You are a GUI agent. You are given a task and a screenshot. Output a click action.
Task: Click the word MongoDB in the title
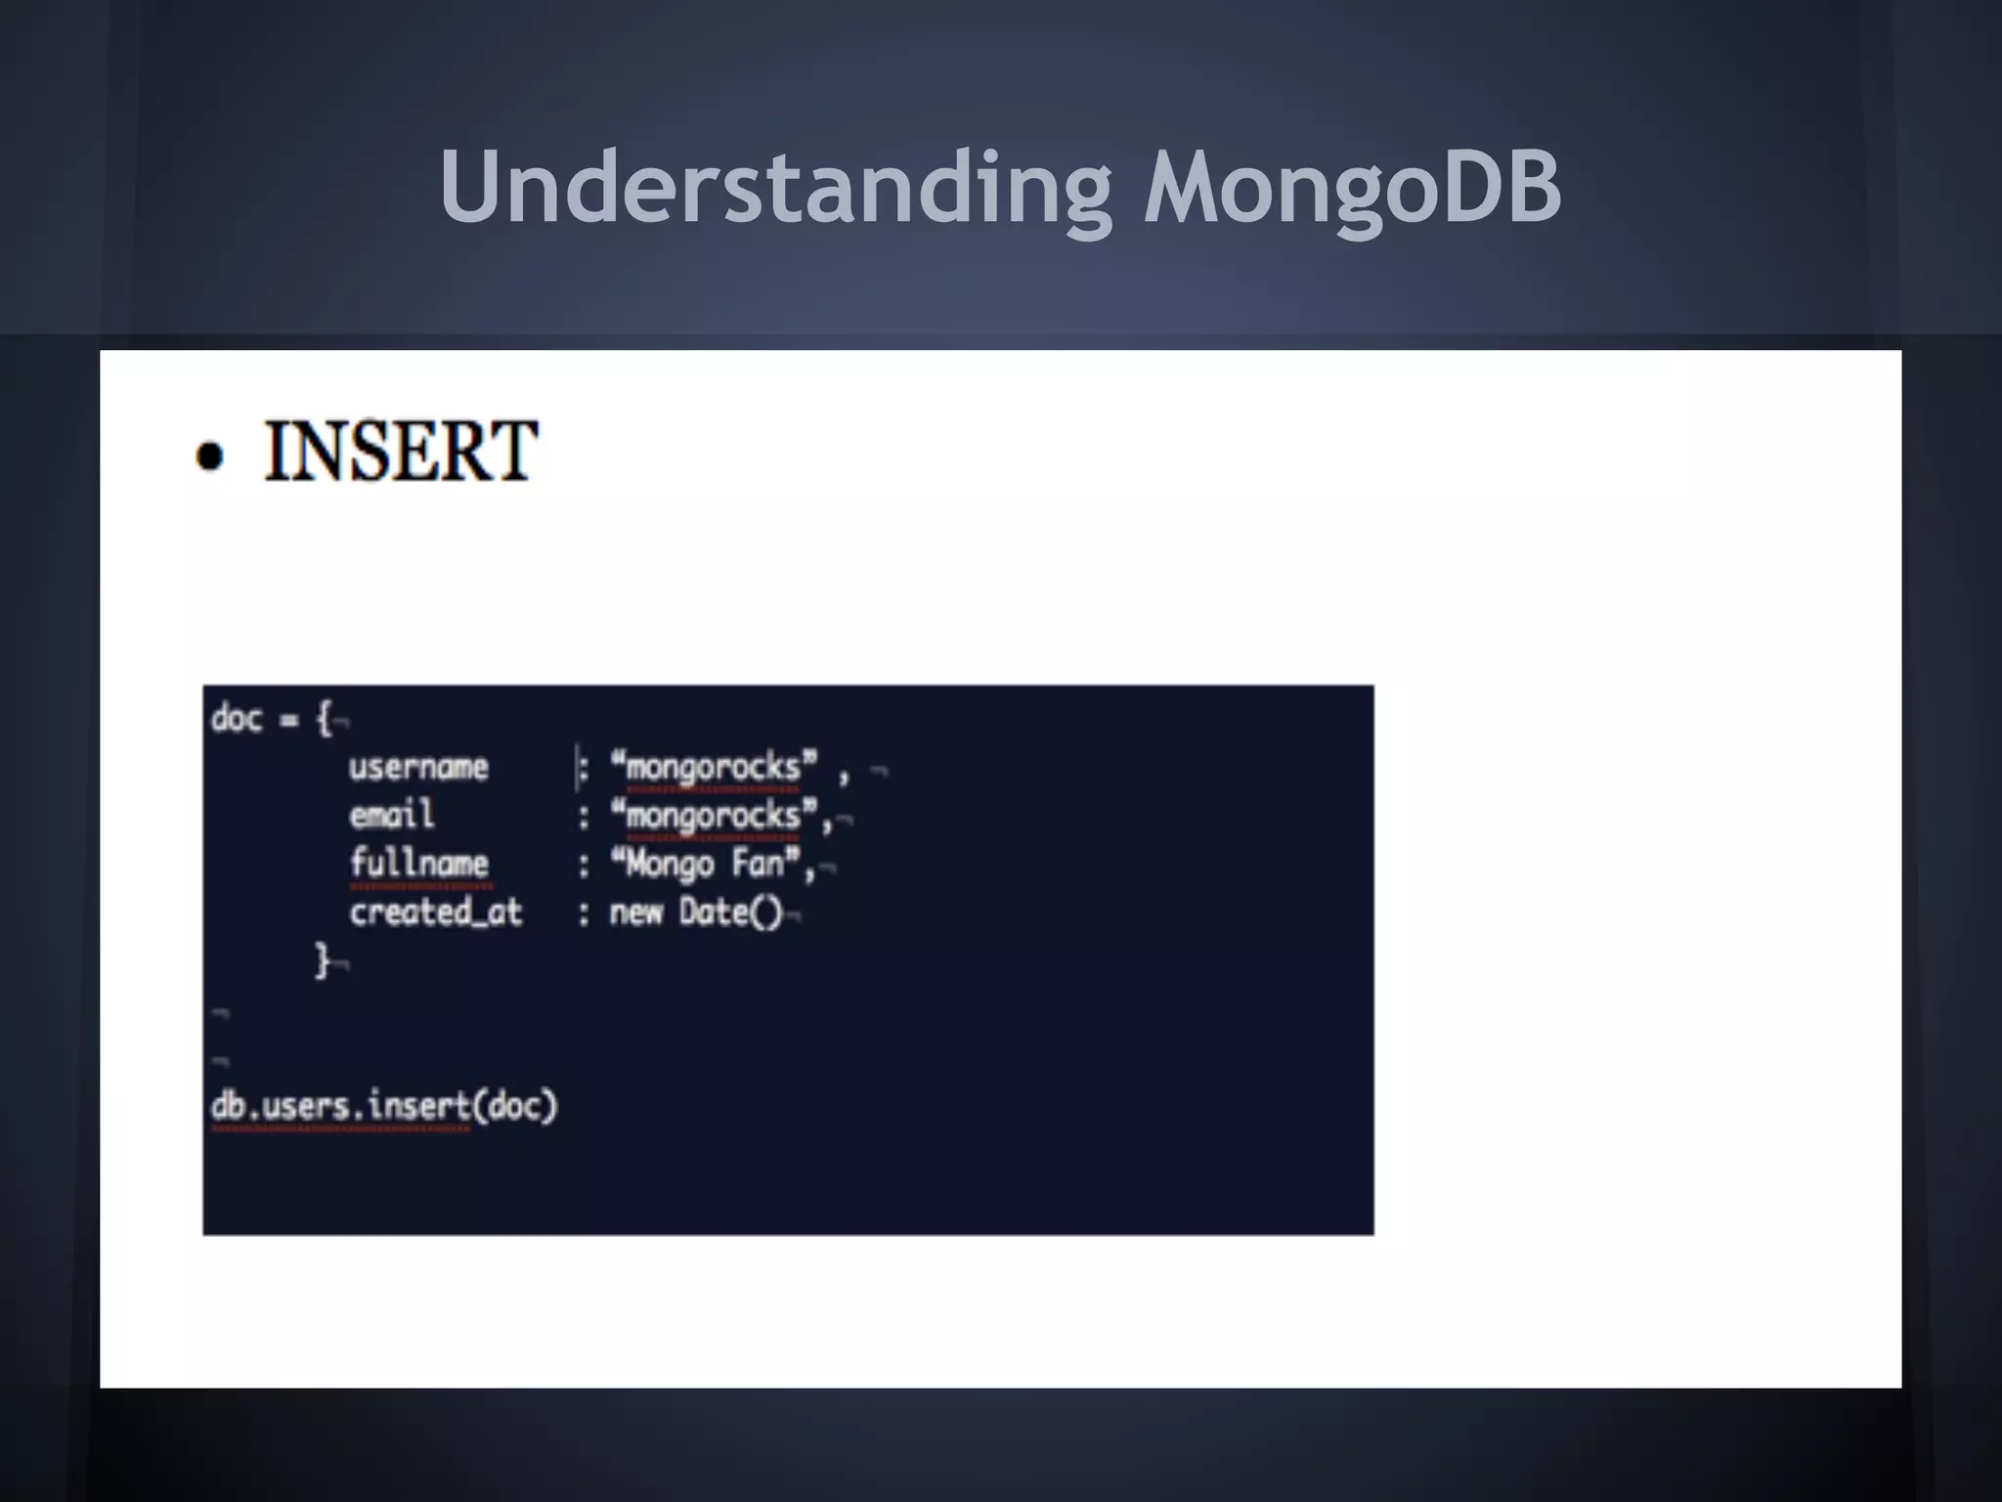(1353, 188)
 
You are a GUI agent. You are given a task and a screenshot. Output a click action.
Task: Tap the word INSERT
(401, 452)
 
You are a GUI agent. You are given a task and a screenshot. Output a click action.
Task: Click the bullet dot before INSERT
(210, 457)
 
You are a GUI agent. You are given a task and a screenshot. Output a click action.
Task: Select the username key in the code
(418, 768)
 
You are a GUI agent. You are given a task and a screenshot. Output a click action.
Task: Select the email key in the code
(392, 815)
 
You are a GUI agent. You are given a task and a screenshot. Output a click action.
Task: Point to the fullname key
(419, 863)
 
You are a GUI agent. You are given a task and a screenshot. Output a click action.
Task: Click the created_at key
(436, 912)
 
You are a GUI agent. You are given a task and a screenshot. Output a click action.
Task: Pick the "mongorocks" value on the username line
(714, 768)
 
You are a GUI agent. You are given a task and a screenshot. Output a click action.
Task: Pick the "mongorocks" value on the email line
(714, 815)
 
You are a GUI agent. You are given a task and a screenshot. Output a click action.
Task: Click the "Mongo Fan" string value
(706, 863)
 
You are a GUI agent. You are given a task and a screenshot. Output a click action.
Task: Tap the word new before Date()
(636, 912)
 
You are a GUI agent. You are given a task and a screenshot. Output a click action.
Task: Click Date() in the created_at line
(731, 912)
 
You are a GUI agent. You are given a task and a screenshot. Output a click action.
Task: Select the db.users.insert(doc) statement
(383, 1106)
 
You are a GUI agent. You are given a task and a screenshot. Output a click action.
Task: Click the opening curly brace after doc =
(324, 719)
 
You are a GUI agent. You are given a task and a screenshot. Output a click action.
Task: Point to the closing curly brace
(322, 960)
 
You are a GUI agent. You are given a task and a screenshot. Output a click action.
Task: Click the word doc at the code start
(237, 719)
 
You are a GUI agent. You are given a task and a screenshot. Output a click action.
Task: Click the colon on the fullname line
(584, 864)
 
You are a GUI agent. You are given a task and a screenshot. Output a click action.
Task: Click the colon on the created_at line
(584, 913)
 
